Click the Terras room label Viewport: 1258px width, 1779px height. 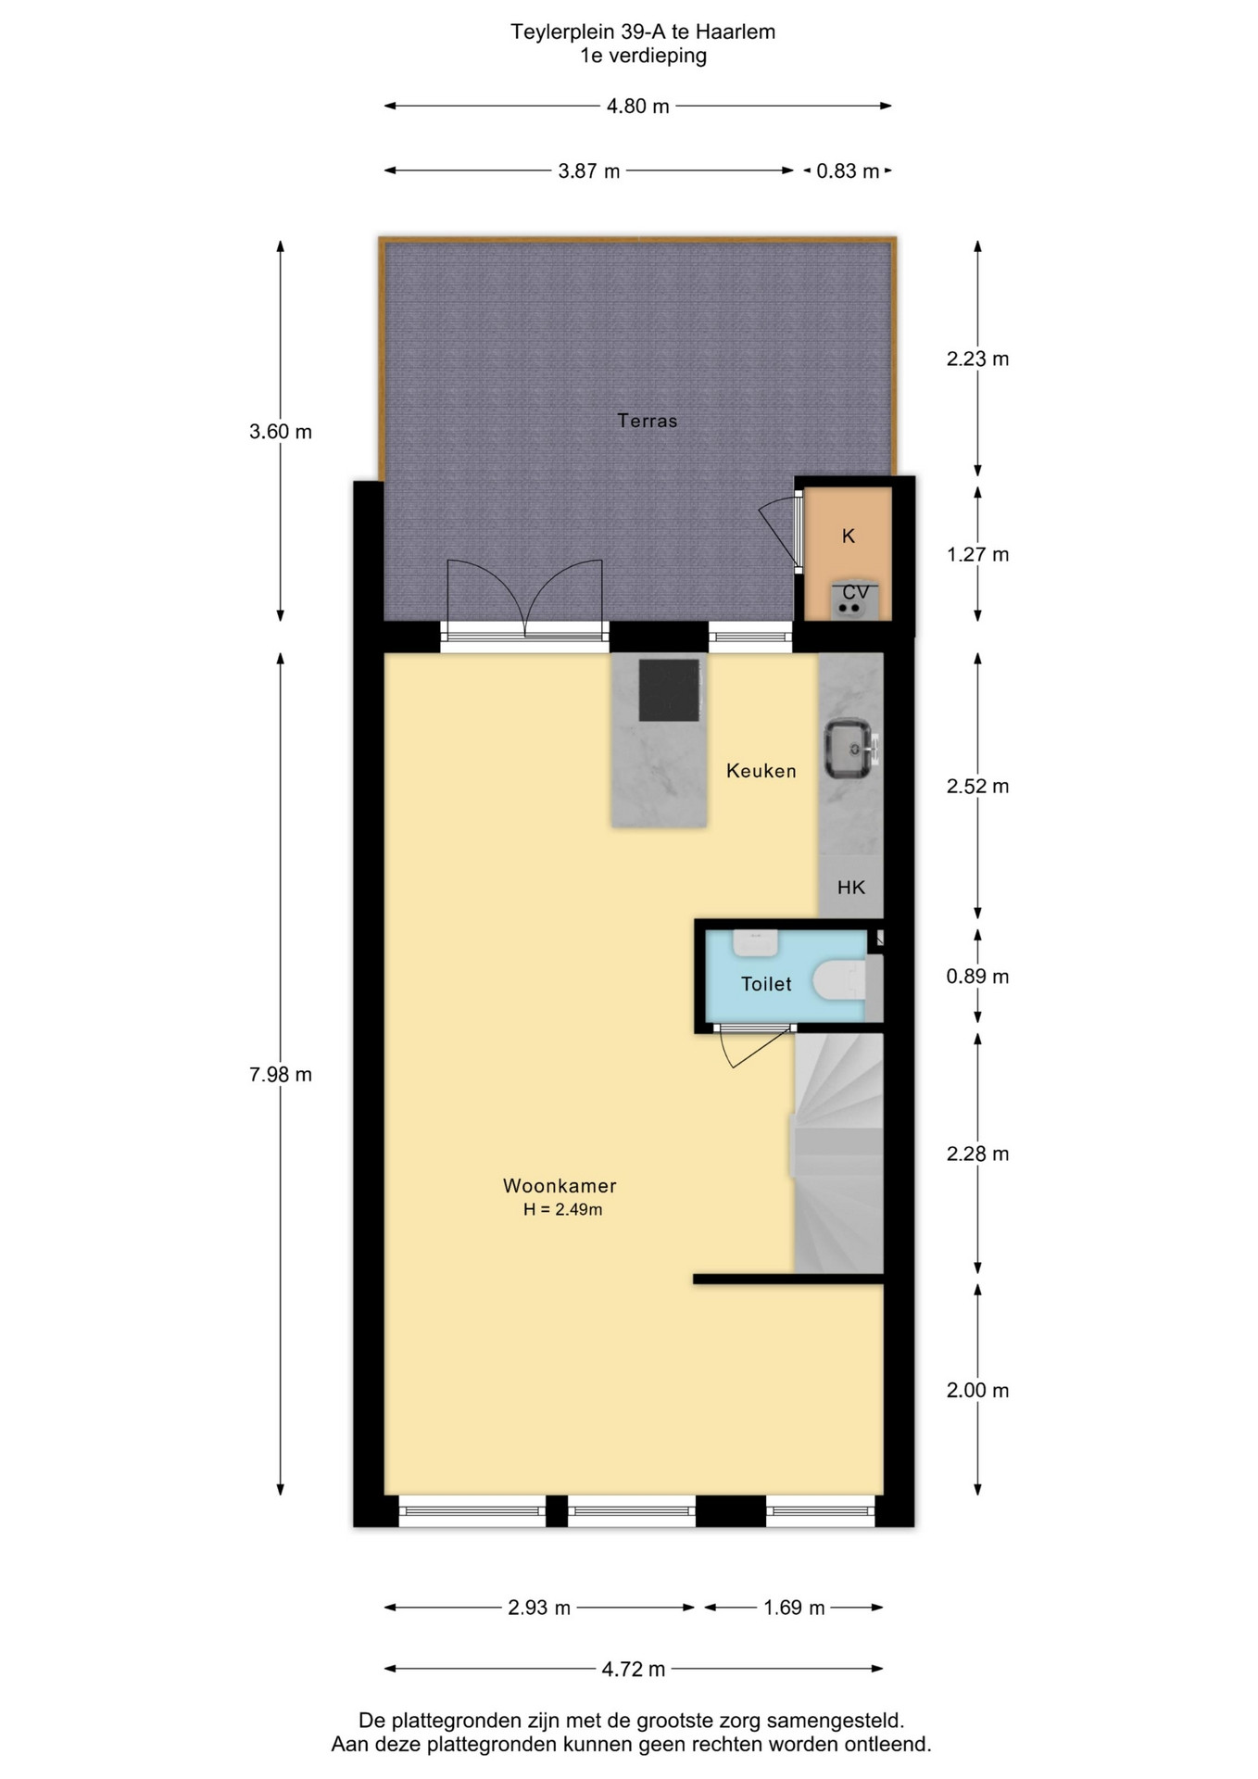coord(647,421)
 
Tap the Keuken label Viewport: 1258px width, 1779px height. coord(761,771)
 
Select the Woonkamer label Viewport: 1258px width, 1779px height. coord(560,1185)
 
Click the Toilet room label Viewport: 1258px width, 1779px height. coord(766,984)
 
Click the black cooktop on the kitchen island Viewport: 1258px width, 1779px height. coord(670,689)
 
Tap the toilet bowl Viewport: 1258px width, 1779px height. coord(839,980)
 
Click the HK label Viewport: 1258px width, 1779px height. coord(851,888)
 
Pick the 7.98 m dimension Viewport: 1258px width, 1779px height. coord(281,1075)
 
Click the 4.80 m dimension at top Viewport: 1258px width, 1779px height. coord(637,107)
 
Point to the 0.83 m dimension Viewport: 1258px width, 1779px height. coord(848,171)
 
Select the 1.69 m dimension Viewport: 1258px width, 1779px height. coord(794,1608)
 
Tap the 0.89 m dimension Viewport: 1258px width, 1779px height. coord(977,977)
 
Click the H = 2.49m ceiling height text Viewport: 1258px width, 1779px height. coord(562,1209)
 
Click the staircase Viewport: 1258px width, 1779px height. coord(838,1153)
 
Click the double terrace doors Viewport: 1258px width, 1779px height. coord(524,599)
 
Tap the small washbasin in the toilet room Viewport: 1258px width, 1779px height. coord(755,942)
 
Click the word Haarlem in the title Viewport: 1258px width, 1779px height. coord(735,32)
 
